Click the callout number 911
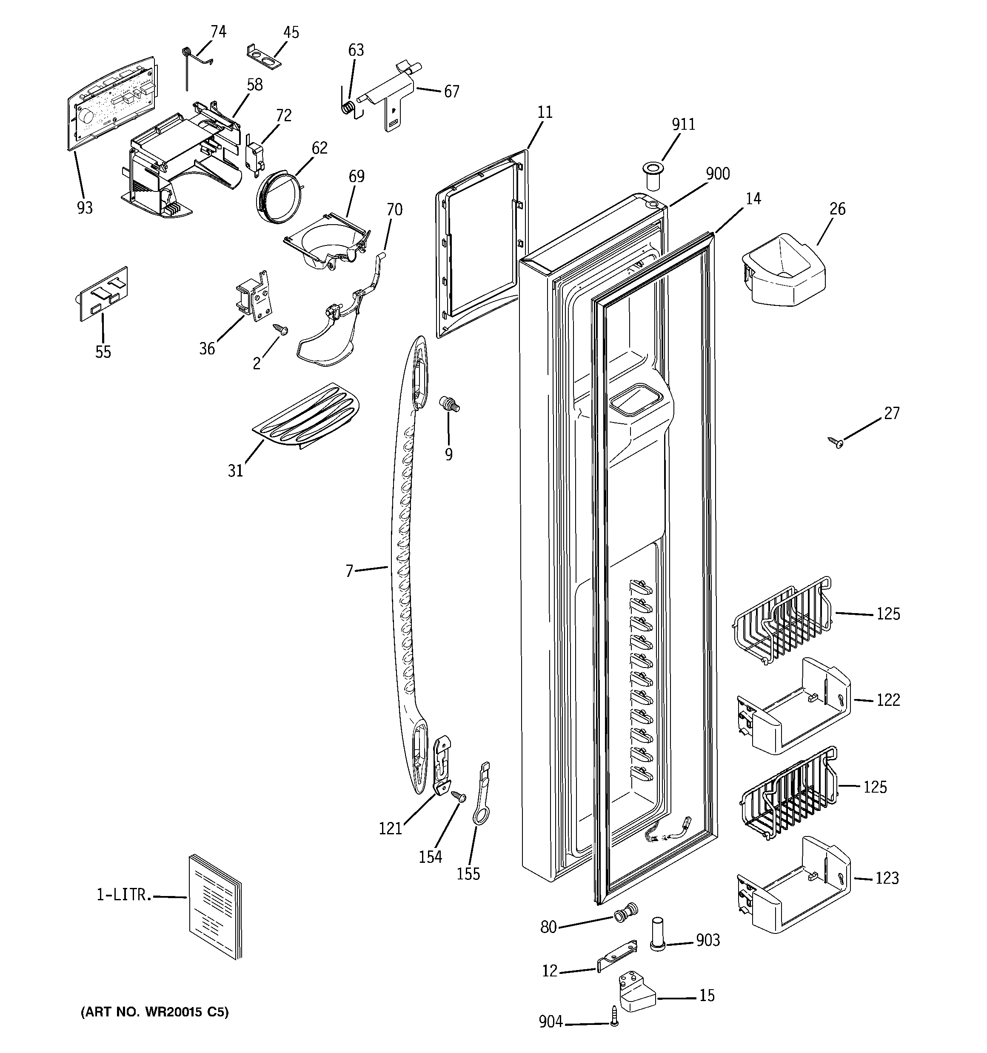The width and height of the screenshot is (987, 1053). click(x=683, y=125)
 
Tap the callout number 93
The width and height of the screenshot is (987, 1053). click(x=85, y=208)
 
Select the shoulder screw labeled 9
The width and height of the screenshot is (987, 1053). click(x=449, y=405)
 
